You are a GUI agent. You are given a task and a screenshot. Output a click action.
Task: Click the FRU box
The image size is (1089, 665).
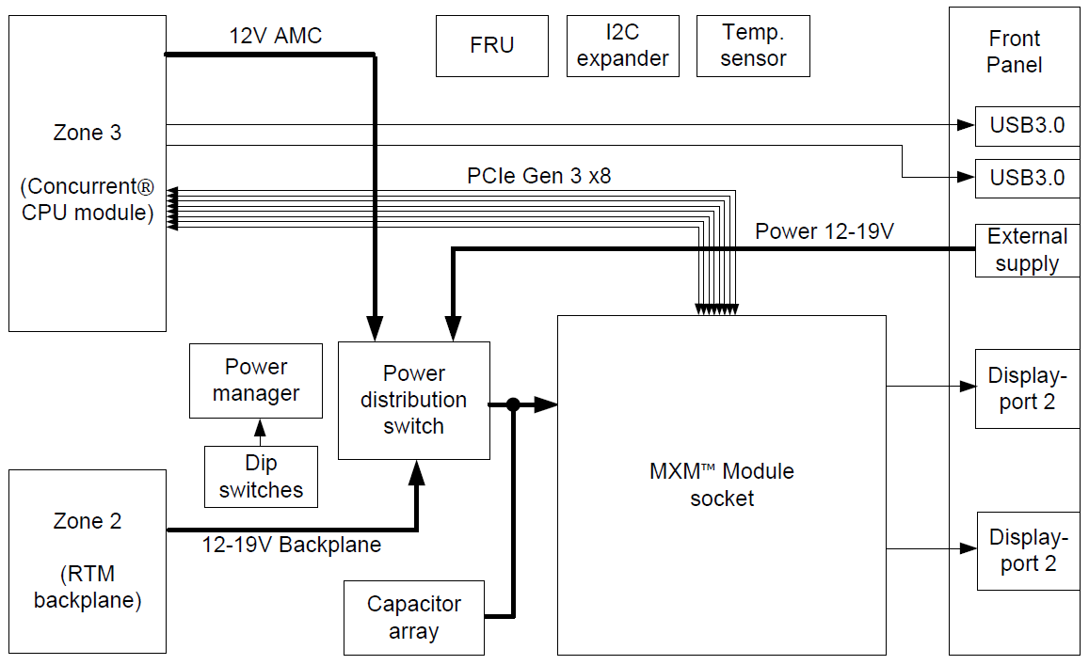point(491,45)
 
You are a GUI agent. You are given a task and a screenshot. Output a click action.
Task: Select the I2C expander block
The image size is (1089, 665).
point(622,45)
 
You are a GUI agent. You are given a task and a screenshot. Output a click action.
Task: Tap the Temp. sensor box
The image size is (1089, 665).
point(753,45)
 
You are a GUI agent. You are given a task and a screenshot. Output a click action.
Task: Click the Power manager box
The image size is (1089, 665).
point(256,381)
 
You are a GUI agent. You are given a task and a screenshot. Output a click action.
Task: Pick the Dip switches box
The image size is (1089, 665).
point(261,477)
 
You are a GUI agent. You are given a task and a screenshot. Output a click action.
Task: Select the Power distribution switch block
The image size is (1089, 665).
point(413,401)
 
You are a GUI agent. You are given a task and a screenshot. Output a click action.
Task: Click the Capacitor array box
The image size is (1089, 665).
point(413,618)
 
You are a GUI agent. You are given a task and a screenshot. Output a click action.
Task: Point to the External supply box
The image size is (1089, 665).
point(1026,250)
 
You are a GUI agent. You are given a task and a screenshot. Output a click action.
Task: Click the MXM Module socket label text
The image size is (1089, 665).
point(721,484)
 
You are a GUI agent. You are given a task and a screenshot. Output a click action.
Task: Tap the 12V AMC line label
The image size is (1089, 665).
point(276,37)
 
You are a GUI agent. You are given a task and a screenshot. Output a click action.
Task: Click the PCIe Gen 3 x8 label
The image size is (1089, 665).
point(538,176)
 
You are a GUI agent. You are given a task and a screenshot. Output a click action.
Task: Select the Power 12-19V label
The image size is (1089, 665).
point(824,231)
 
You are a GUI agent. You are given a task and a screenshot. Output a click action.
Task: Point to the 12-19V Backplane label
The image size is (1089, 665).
point(292,545)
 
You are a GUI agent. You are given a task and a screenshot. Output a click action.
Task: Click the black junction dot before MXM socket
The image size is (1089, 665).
point(513,405)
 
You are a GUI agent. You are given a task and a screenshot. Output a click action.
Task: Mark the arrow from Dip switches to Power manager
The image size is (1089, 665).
point(261,432)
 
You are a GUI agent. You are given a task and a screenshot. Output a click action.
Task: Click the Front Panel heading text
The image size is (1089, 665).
point(1014,52)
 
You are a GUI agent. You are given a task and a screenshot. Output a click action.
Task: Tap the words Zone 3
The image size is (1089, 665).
point(88,133)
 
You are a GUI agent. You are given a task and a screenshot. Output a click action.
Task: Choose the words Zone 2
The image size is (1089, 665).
point(88,521)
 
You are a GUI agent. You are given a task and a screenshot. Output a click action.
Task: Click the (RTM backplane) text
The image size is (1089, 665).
point(88,587)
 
